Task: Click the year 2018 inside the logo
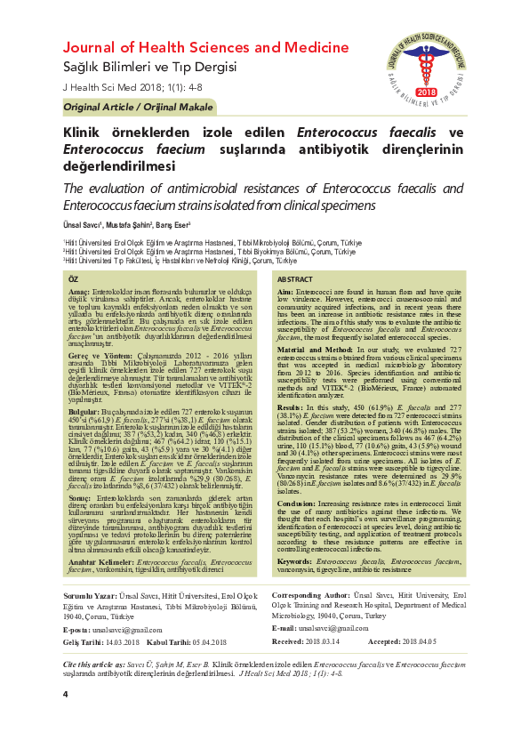(x=426, y=93)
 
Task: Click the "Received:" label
(x=288, y=640)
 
